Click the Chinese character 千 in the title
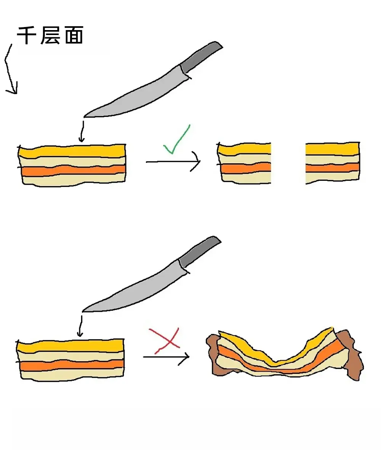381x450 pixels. pos(27,35)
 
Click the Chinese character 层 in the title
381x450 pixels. pos(50,35)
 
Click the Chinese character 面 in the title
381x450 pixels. pos(74,35)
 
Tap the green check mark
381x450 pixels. pos(177,139)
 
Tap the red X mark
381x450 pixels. pos(165,341)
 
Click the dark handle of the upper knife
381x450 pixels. pos(201,57)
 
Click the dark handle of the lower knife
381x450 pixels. pos(199,252)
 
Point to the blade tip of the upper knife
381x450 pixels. pos(84,117)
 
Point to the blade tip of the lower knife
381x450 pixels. pos(83,311)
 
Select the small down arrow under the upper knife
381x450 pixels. pos(82,131)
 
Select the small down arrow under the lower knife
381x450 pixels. pos(80,326)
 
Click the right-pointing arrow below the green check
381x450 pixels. pos(173,162)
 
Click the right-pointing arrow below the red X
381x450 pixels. pos(166,357)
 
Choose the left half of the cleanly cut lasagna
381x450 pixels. pos(244,163)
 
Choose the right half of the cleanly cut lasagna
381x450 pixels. pos(333,163)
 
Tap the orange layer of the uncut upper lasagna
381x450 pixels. pos(73,171)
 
